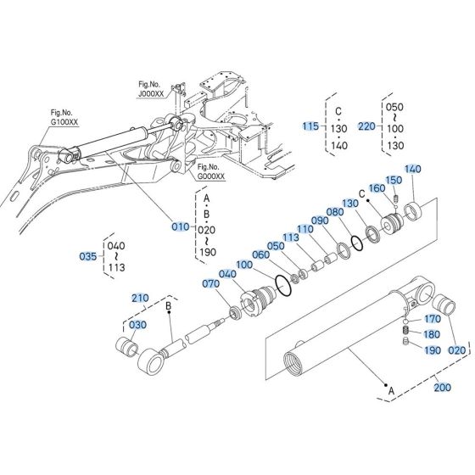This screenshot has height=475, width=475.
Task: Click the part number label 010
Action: (181, 226)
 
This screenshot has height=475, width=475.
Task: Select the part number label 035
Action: (88, 256)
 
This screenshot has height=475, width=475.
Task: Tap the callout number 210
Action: (139, 298)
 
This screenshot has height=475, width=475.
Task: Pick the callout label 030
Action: (137, 325)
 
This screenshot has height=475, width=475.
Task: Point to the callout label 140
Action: (412, 170)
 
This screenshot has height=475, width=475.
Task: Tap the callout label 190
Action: (433, 349)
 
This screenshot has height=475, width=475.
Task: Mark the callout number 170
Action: (433, 319)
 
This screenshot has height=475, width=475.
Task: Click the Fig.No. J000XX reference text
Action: (154, 90)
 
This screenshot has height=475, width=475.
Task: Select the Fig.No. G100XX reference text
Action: (64, 118)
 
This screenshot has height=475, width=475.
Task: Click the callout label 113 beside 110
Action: (290, 237)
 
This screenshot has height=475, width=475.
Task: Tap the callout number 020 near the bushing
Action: (456, 349)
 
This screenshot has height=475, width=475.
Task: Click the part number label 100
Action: (245, 265)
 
